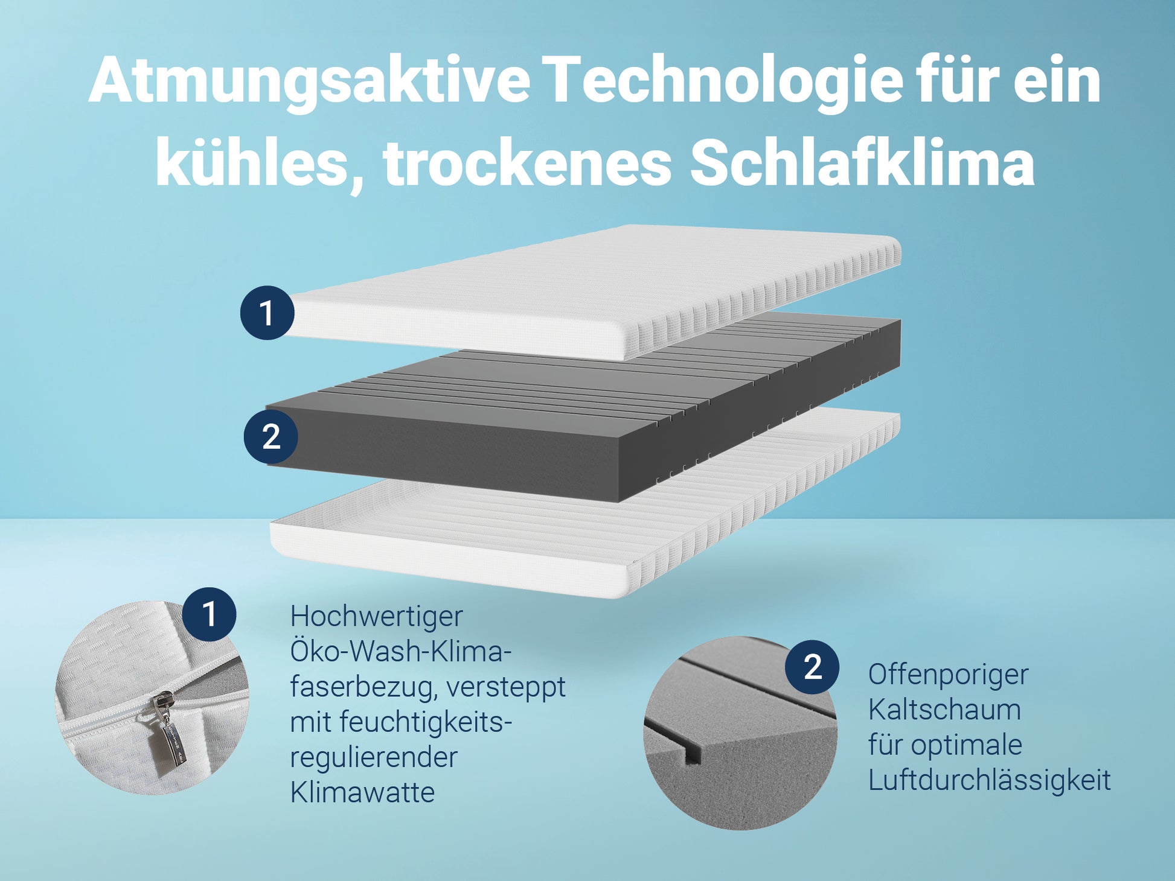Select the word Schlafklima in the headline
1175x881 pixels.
(862, 163)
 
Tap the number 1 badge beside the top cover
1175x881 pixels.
(267, 313)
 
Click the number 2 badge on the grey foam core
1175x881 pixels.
(271, 436)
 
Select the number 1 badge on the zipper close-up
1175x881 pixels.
(209, 614)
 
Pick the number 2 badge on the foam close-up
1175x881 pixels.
(812, 667)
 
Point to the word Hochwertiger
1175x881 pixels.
(376, 617)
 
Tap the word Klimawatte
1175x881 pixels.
(362, 792)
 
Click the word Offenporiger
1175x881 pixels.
(948, 675)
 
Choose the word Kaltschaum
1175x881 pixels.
(944, 710)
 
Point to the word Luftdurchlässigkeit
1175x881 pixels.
(989, 780)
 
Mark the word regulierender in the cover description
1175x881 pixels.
(374, 758)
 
